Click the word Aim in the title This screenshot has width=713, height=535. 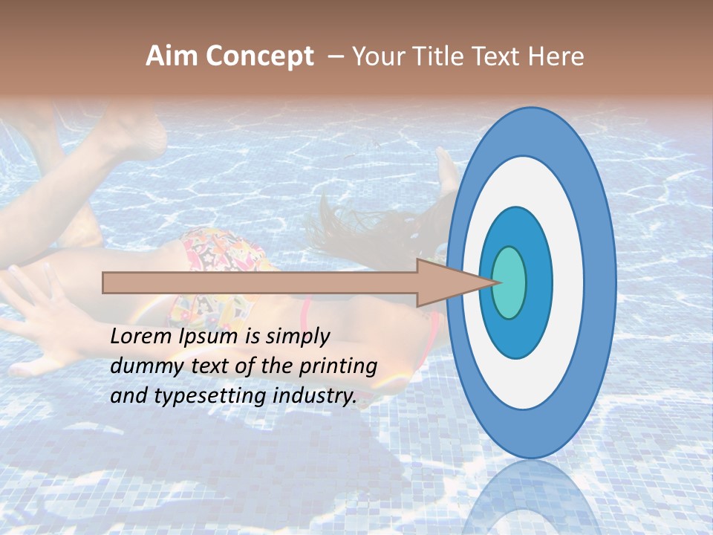coord(172,56)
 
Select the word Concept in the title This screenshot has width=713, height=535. coord(259,56)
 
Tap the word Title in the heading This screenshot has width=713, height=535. coord(439,56)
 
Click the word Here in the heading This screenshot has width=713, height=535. coord(556,56)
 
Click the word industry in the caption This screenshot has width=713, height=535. coord(311,396)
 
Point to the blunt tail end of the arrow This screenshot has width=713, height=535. coord(106,282)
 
